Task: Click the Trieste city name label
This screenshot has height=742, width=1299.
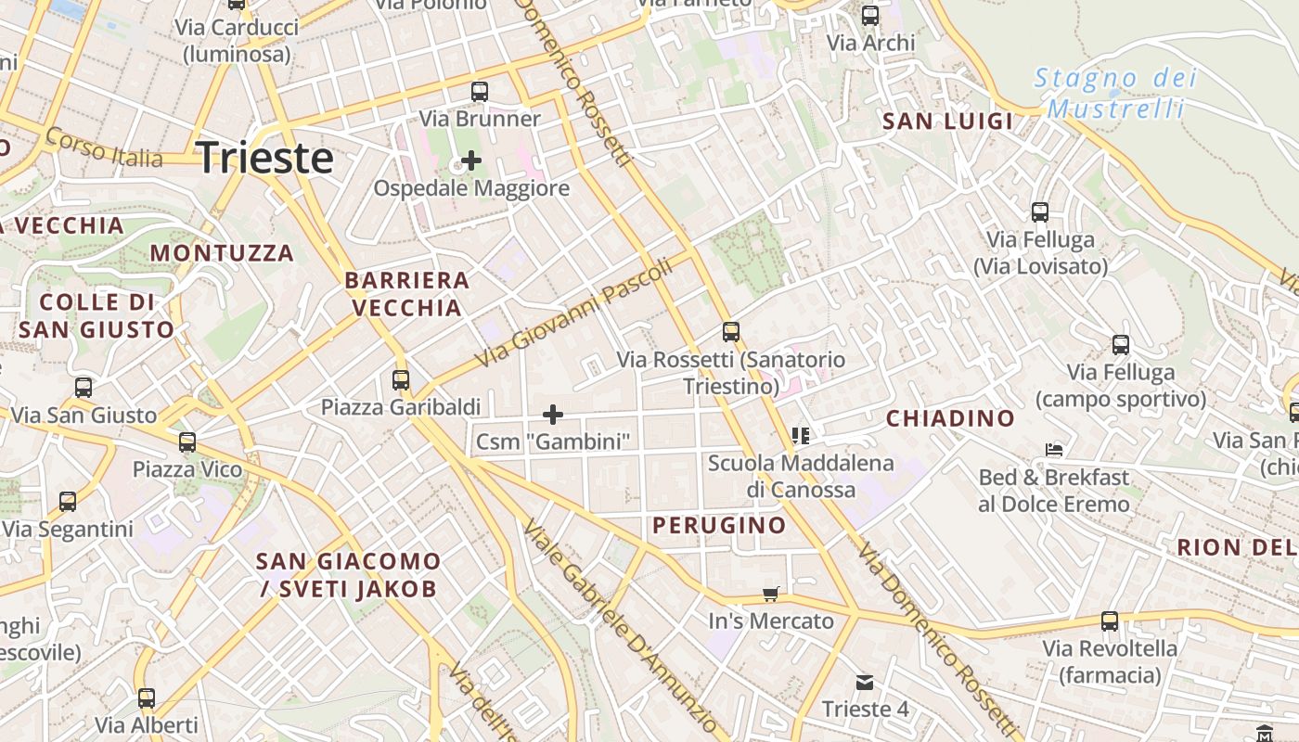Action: pyautogui.click(x=265, y=158)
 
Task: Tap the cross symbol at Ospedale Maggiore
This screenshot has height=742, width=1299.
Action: pyautogui.click(x=471, y=160)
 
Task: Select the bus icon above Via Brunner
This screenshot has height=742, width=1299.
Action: pyautogui.click(x=480, y=92)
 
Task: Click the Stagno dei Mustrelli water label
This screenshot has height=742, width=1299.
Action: pyautogui.click(x=1115, y=93)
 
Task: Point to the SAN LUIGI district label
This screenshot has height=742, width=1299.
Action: pyautogui.click(x=947, y=122)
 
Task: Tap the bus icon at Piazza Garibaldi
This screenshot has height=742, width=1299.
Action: pyautogui.click(x=401, y=379)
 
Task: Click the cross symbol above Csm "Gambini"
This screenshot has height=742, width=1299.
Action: pyautogui.click(x=553, y=414)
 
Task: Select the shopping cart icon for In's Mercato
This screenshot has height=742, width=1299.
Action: pyautogui.click(x=770, y=594)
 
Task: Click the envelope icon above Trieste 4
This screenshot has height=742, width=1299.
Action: pyautogui.click(x=865, y=683)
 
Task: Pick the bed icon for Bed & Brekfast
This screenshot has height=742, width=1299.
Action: pyautogui.click(x=1054, y=450)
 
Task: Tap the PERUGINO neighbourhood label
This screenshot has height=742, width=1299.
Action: pyautogui.click(x=719, y=526)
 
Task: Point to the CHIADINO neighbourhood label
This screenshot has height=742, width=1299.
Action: pyautogui.click(x=950, y=418)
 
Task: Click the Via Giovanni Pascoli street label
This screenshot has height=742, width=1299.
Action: pyautogui.click(x=572, y=313)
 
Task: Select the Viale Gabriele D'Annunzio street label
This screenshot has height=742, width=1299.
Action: pyautogui.click(x=620, y=626)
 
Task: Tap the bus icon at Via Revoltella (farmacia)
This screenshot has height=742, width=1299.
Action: pyautogui.click(x=1110, y=621)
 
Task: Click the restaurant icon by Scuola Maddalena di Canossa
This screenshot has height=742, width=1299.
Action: pyautogui.click(x=801, y=435)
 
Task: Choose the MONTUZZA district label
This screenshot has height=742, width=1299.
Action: pyautogui.click(x=222, y=253)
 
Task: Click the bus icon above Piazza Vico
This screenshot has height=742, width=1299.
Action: pyautogui.click(x=187, y=442)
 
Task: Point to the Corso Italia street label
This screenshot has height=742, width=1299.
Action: pyautogui.click(x=104, y=148)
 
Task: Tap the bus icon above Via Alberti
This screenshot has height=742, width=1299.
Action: pyautogui.click(x=147, y=697)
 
